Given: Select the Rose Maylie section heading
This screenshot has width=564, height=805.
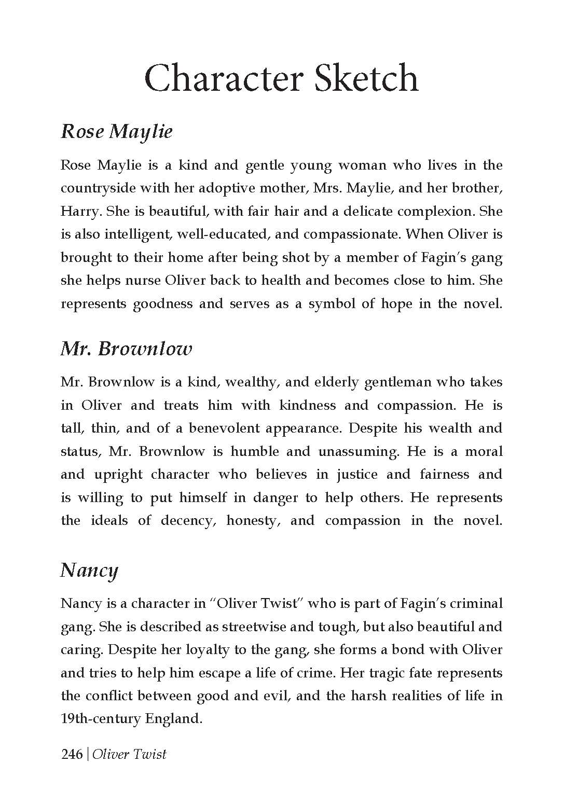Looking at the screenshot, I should [x=117, y=131].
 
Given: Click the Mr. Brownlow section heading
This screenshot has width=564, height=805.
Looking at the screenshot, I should [x=126, y=349].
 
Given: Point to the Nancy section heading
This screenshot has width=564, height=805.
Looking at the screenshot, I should [x=89, y=570].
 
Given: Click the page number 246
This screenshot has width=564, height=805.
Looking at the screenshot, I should [x=72, y=754].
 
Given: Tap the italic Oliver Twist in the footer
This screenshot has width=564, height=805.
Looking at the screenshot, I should [x=129, y=754].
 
